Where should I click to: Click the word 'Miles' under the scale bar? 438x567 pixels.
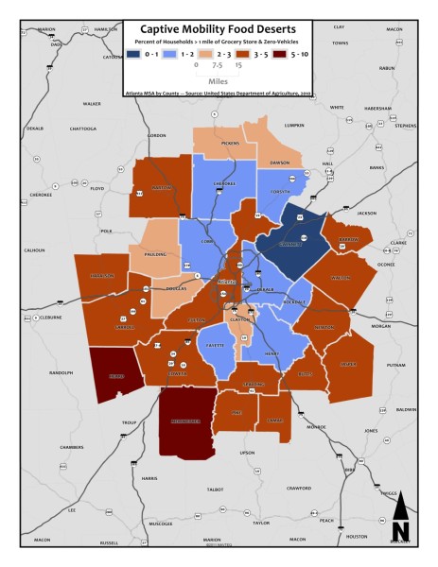[x=219, y=81]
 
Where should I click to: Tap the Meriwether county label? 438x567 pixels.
[x=180, y=421]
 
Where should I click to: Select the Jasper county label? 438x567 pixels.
[x=348, y=363]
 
